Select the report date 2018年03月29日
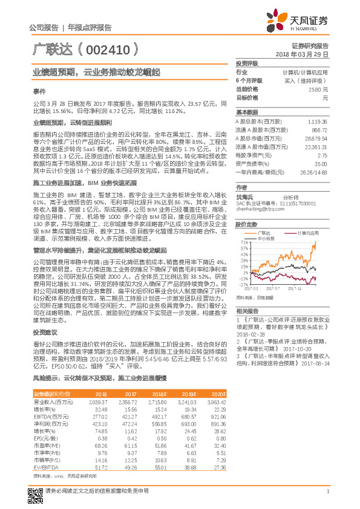(306, 54)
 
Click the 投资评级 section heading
(247, 63)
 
